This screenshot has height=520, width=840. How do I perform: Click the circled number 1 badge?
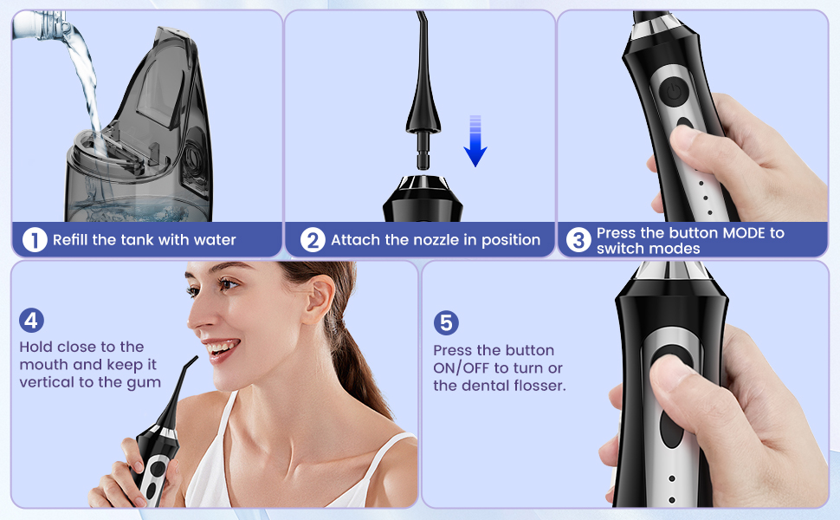pyautogui.click(x=35, y=239)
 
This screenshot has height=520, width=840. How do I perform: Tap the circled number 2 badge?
pyautogui.click(x=313, y=239)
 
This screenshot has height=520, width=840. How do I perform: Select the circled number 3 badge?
pyautogui.click(x=578, y=239)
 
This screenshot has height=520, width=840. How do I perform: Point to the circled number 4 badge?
pyautogui.click(x=31, y=321)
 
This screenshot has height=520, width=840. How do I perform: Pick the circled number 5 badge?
pyautogui.click(x=446, y=323)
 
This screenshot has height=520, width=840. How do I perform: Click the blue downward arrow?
pyautogui.click(x=475, y=141)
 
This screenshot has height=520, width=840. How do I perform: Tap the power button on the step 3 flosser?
pyautogui.click(x=674, y=92)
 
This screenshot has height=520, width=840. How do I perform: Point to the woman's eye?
pyautogui.click(x=229, y=284)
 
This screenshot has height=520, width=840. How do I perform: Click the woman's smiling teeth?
pyautogui.click(x=220, y=348)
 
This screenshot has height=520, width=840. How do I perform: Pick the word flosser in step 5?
pyautogui.click(x=540, y=386)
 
